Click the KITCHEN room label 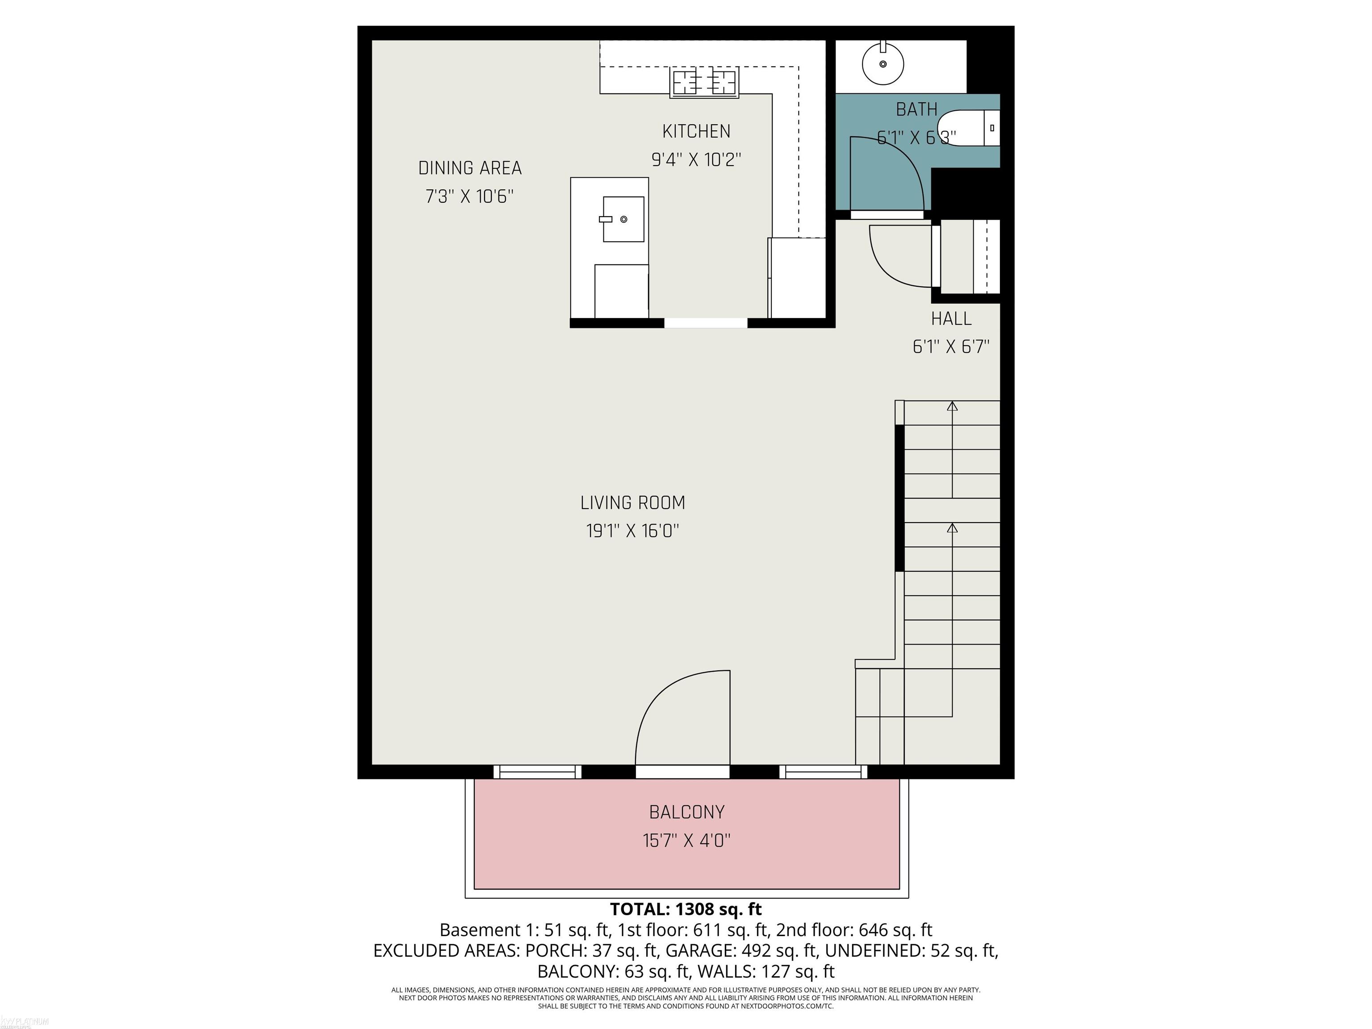(696, 131)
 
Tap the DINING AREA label (469, 168)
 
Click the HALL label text (951, 319)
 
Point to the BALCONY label (686, 812)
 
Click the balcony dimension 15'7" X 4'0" (686, 841)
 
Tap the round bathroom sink (883, 63)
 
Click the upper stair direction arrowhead (952, 406)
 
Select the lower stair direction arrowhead (952, 528)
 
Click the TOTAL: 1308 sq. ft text (686, 909)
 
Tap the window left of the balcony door (537, 772)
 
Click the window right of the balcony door (823, 772)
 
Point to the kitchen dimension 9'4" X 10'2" (696, 160)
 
